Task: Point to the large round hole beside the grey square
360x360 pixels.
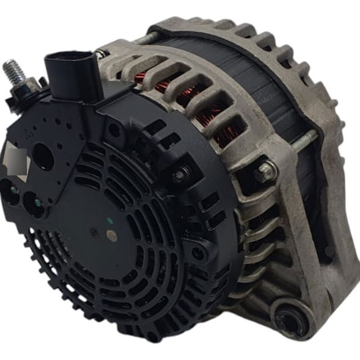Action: pos(43,158)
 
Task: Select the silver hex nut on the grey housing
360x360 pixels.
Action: pos(265,172)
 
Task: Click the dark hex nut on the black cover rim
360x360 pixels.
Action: pos(180,176)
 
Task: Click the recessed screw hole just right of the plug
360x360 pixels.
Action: pos(114,130)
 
